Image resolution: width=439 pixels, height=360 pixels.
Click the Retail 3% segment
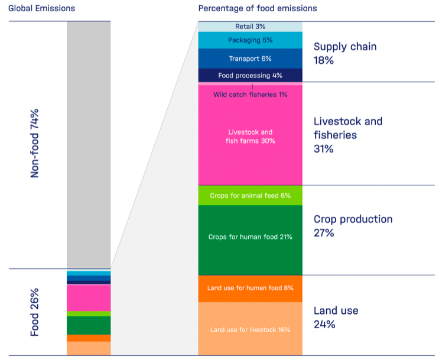point(250,27)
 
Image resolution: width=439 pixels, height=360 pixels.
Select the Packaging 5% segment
point(250,40)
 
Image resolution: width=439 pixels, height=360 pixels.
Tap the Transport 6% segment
point(250,59)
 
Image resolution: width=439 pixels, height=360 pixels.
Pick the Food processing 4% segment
point(250,76)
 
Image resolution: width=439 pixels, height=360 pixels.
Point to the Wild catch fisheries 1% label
point(250,95)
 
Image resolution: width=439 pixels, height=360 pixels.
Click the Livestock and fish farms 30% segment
point(250,137)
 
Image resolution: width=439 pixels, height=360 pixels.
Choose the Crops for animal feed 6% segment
point(250,196)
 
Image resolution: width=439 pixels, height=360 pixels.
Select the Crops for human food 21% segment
point(250,237)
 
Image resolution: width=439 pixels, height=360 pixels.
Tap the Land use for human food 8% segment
point(250,288)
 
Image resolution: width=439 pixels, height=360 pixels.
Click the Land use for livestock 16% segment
point(250,329)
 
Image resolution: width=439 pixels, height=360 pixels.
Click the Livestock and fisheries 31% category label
point(347,135)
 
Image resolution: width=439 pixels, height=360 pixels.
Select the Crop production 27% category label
point(353,226)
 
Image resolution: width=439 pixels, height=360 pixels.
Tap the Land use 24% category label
point(336,317)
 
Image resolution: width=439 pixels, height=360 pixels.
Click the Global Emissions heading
point(41,8)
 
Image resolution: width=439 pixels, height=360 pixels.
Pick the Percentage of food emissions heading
point(257,8)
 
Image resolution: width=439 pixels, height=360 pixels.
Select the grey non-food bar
point(89,145)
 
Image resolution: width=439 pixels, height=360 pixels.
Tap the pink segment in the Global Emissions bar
point(89,297)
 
